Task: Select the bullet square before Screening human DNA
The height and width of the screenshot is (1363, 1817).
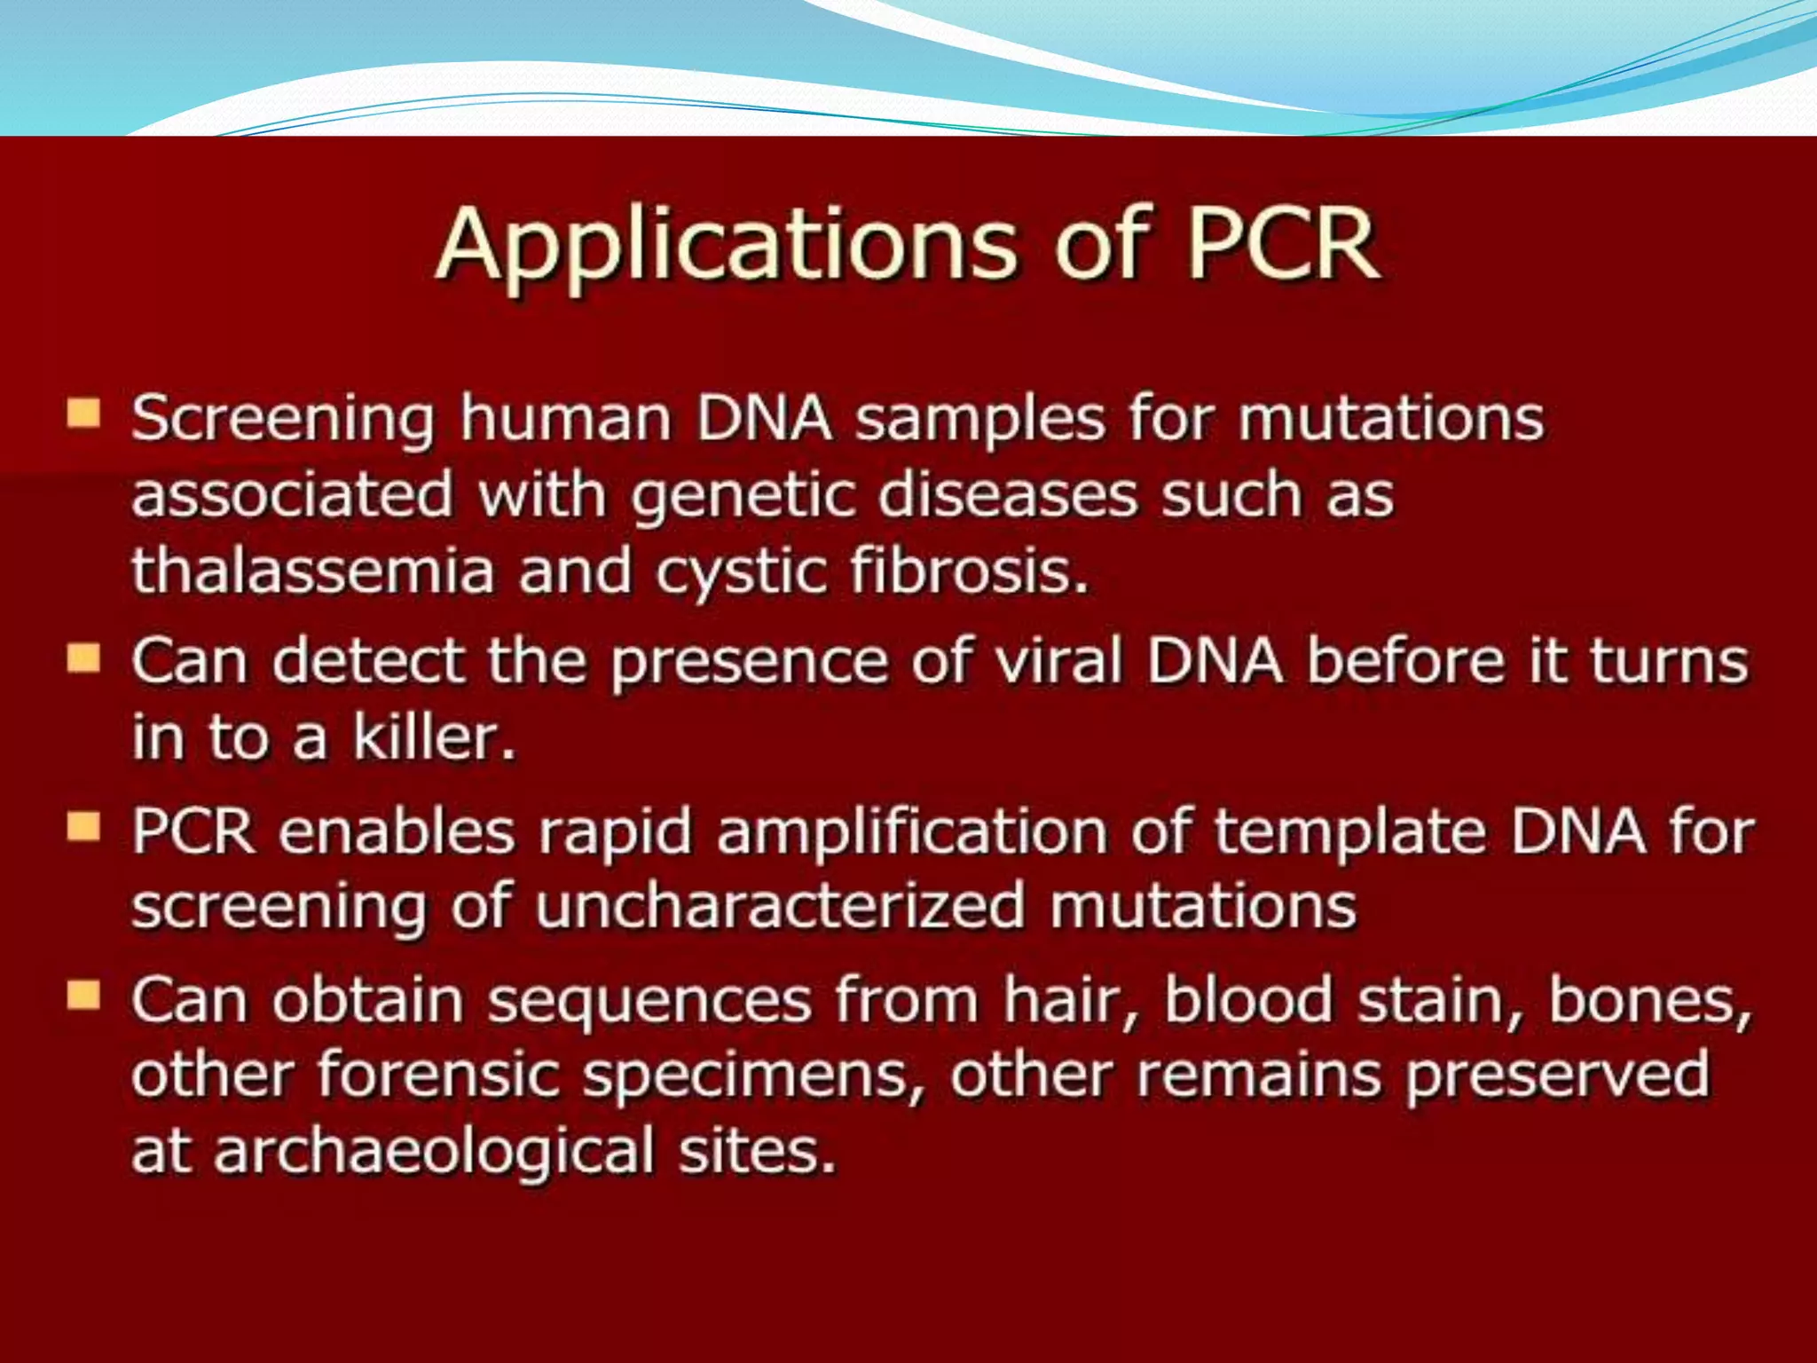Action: pyautogui.click(x=83, y=414)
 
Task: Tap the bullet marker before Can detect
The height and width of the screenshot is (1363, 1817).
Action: pyautogui.click(x=83, y=658)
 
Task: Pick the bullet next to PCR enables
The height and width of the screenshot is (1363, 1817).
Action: pyautogui.click(x=83, y=827)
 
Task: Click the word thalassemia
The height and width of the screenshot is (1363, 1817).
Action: pyautogui.click(x=312, y=570)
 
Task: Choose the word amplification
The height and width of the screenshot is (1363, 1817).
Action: pyautogui.click(x=911, y=831)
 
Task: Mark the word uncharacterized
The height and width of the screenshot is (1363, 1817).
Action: pyautogui.click(x=780, y=907)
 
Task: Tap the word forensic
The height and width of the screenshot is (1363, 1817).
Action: pyautogui.click(x=438, y=1075)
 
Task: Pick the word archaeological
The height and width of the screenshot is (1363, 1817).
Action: pyautogui.click(x=434, y=1151)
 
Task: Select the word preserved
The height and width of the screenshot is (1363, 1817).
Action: pyautogui.click(x=1557, y=1075)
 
